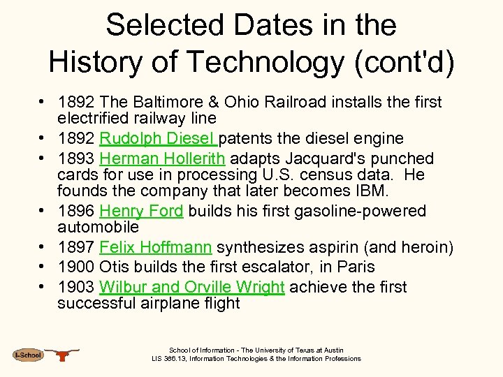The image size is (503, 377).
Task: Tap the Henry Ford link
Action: [141, 211]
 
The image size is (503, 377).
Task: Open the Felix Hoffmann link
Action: [156, 247]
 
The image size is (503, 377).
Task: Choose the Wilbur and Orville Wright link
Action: [192, 287]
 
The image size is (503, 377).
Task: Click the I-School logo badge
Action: [28, 355]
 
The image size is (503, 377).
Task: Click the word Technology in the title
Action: [258, 61]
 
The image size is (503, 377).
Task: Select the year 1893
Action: [76, 158]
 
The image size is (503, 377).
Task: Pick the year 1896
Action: [76, 211]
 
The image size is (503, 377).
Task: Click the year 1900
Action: [76, 267]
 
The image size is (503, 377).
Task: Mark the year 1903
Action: [76, 287]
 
